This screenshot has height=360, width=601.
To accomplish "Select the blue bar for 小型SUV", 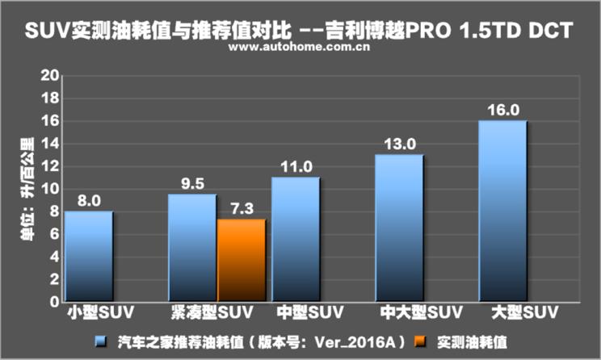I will pos(89,257).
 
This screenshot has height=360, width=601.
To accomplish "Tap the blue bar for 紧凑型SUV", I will pos(192,249).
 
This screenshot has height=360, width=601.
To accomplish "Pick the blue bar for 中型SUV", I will pos(296,240).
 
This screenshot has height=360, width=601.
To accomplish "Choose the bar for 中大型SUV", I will pos(399,228).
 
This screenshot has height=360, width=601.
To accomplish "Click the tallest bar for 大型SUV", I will pos(502,211).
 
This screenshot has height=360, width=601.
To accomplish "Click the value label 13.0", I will pos(399,144).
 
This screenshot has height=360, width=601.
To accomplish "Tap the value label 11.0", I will pos(296,167).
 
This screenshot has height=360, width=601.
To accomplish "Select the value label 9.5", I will pos(192,184).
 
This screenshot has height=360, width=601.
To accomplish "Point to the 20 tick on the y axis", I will pos(51,76).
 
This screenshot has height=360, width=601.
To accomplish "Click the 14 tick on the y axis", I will pos(51,144).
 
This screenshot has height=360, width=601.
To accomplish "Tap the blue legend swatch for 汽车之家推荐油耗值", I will pos(100,341).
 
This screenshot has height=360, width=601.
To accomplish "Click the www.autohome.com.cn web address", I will pos(299,48).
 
